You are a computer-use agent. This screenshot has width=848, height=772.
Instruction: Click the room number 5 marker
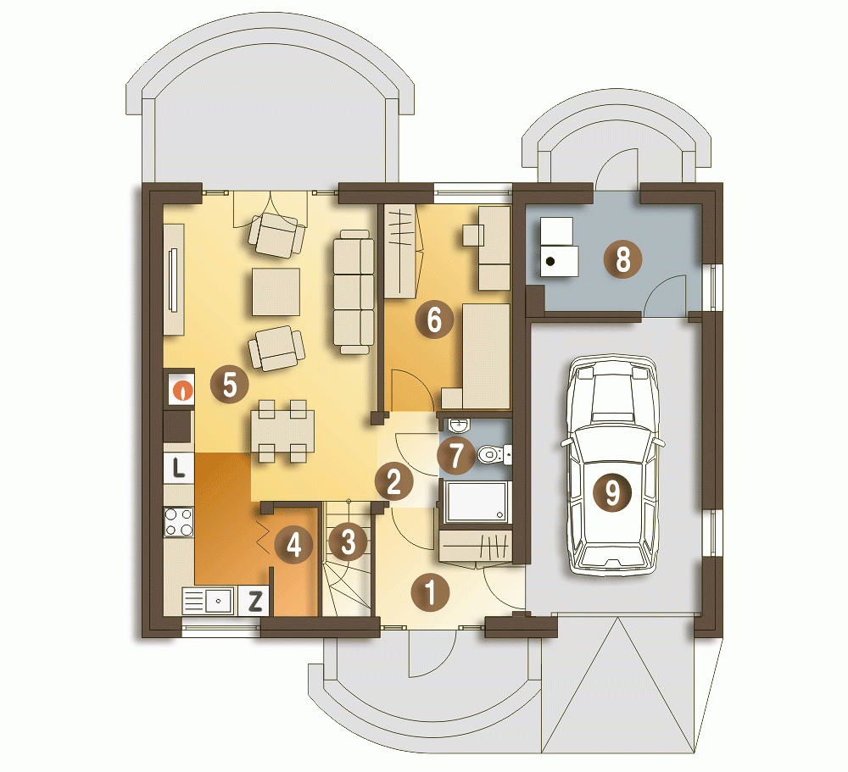tap(229, 385)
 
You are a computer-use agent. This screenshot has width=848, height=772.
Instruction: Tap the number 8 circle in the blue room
tap(623, 258)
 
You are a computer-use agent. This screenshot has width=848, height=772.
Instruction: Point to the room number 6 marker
tap(434, 319)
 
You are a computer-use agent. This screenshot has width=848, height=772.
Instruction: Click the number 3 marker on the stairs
tap(348, 542)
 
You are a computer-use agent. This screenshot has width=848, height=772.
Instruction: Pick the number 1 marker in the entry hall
tap(431, 592)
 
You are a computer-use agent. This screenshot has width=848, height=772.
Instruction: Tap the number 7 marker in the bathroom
tap(456, 455)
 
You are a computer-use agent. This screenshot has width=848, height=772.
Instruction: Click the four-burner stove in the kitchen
tap(179, 522)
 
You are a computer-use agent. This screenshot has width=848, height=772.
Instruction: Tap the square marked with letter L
tap(178, 467)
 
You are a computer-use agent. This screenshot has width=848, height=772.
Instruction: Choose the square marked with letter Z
tap(254, 601)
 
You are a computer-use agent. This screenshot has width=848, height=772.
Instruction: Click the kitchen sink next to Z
tap(209, 601)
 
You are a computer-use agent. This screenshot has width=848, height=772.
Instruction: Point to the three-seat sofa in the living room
tap(354, 292)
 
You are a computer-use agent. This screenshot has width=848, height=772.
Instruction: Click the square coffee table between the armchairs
tap(276, 292)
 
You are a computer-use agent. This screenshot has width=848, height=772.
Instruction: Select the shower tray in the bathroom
tap(477, 501)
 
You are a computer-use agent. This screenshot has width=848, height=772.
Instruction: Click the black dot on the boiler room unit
tap(550, 262)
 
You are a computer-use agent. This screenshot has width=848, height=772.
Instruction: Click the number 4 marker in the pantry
tap(293, 544)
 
